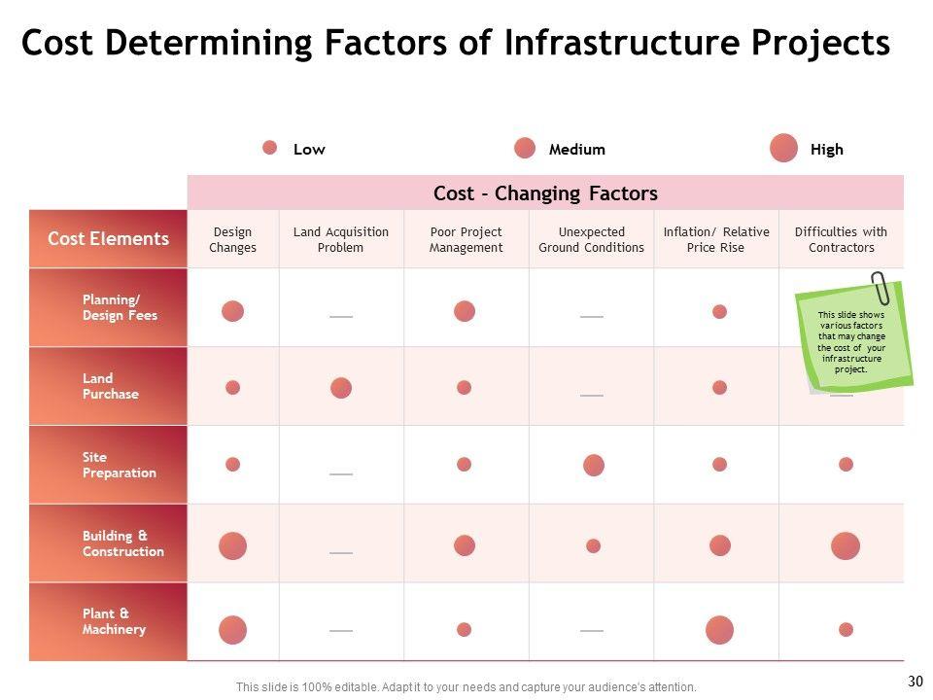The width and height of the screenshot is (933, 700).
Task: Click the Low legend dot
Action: coord(270,148)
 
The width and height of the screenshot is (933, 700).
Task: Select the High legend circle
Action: coord(783,149)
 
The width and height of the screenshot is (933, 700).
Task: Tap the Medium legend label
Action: coord(576,150)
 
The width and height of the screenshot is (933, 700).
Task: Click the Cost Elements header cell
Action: coord(108,239)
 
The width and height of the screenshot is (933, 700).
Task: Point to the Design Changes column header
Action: coord(233,240)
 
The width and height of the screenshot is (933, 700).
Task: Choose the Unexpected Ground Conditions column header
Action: coord(591,240)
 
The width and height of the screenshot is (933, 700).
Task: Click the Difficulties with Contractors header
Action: coord(841,240)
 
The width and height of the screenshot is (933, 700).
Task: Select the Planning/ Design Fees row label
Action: coord(120,308)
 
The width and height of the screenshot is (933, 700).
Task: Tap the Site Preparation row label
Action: coord(120,465)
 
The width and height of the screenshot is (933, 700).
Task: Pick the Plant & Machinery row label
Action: coord(115,622)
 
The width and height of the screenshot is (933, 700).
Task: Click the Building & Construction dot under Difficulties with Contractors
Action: coord(846,546)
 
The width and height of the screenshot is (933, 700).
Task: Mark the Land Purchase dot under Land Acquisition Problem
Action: coord(341,388)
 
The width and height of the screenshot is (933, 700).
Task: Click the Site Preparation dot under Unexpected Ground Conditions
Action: coord(594,465)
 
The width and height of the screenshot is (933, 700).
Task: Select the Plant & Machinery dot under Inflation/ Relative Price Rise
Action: coord(719,630)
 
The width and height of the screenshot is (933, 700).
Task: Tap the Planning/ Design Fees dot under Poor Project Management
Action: coord(465,311)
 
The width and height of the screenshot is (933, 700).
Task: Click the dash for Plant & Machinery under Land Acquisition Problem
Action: coord(341,631)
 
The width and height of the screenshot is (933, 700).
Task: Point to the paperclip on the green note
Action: coord(880,288)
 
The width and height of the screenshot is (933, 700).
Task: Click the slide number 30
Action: coord(915,682)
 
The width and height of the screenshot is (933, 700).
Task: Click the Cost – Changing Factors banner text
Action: coord(545,193)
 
